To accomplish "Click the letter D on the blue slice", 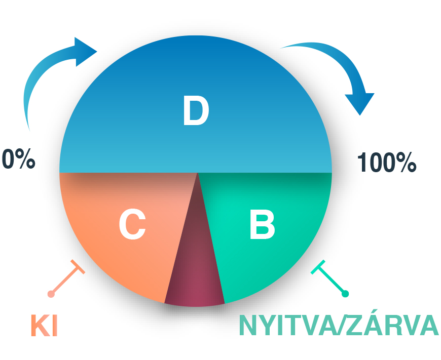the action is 196,110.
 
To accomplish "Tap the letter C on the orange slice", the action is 132,224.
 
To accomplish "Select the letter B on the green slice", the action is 262,225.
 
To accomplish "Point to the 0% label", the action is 19,159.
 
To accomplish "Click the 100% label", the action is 387,162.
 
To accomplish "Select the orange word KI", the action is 44,326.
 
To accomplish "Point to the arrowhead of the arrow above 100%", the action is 360,103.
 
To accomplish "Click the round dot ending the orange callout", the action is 51,294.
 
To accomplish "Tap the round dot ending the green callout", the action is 345,294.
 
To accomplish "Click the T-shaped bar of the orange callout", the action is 78,267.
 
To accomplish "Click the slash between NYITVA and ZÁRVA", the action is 342,325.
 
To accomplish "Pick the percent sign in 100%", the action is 406,162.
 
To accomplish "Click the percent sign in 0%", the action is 25,159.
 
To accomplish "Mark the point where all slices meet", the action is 198,173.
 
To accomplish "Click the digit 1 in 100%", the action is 362,162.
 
